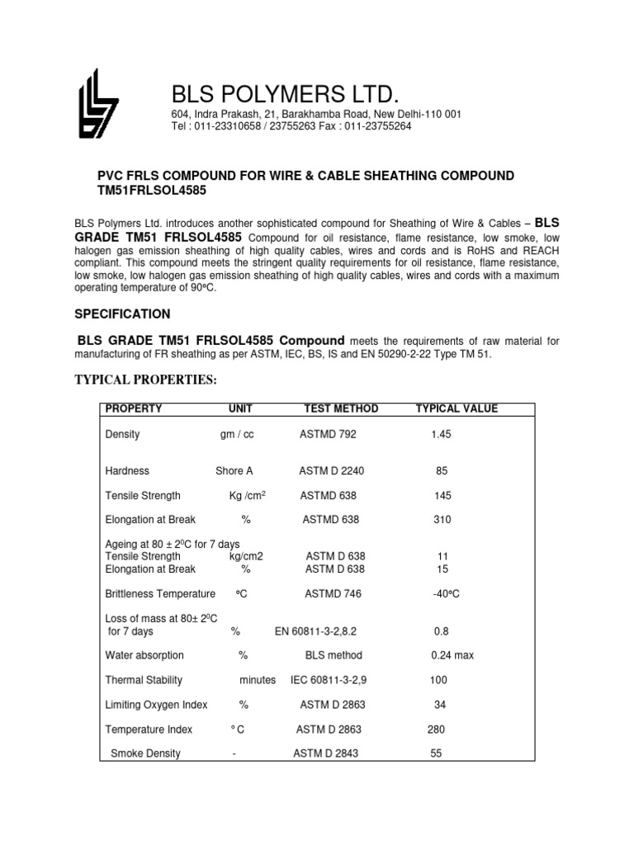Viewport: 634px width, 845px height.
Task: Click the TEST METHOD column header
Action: tap(341, 409)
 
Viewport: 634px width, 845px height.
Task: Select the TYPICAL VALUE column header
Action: tap(457, 409)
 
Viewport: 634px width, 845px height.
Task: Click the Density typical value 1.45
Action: tap(442, 434)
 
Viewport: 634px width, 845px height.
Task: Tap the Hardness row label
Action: tap(127, 471)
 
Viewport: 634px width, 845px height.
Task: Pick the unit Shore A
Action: tap(234, 471)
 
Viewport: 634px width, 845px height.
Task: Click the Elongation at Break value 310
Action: tap(442, 520)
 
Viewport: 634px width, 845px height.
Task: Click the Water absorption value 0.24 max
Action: tap(452, 656)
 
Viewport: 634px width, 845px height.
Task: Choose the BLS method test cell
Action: tap(334, 656)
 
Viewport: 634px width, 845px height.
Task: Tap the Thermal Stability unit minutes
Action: tap(258, 681)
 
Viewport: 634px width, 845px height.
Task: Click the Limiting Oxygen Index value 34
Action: tap(441, 705)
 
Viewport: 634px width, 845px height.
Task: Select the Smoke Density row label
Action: tap(145, 753)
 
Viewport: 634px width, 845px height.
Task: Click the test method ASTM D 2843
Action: tap(326, 753)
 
